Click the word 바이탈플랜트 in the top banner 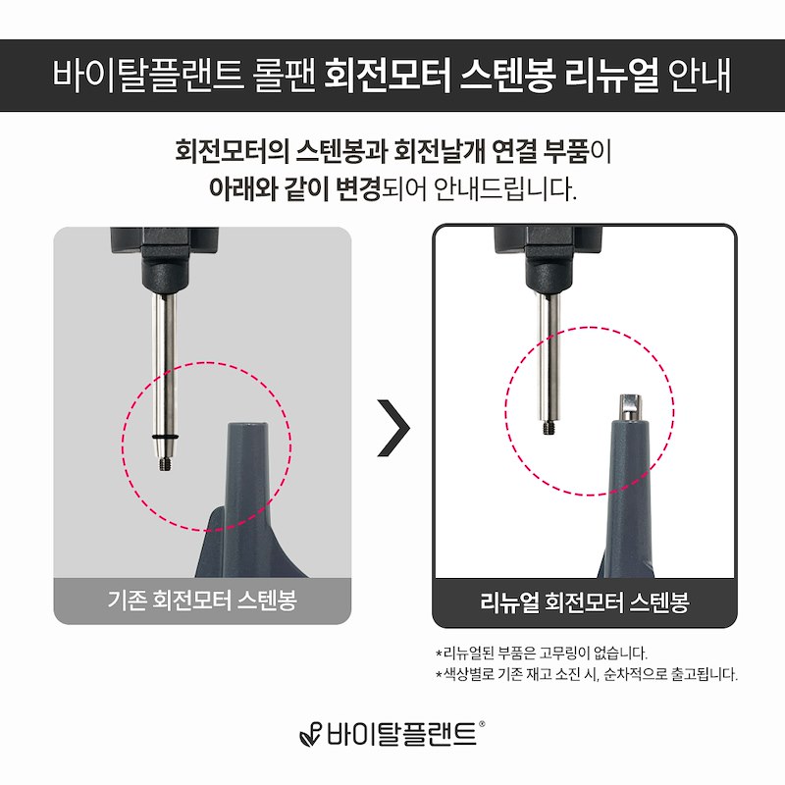pos(148,76)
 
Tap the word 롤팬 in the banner pos(285,76)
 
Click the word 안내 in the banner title pos(700,76)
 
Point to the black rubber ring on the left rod pos(165,437)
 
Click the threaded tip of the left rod pos(164,463)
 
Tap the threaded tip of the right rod pos(549,427)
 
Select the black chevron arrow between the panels pos(393,428)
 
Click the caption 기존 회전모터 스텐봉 pos(202,600)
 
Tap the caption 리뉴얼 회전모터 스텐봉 pos(584,602)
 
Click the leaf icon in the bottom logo pos(310,735)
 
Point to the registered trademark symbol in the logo pos(482,723)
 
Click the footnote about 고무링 pos(542,653)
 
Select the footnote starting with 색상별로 pos(586,674)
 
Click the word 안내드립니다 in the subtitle pos(504,188)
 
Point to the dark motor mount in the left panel pos(164,260)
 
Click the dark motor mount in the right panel pos(549,260)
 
